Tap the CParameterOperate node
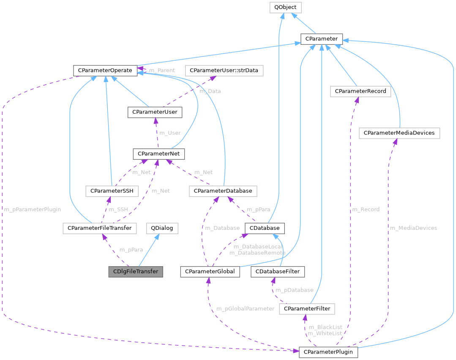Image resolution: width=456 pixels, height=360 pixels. click(105, 70)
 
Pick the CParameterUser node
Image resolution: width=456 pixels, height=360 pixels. click(155, 112)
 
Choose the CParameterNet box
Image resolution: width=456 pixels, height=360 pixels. click(158, 154)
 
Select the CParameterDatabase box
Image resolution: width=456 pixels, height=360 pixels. click(223, 191)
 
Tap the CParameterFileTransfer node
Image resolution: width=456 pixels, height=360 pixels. click(99, 228)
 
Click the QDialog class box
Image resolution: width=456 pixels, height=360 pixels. click(162, 228)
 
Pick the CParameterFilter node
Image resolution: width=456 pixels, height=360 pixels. click(307, 309)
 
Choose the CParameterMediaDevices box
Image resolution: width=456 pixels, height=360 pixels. click(399, 133)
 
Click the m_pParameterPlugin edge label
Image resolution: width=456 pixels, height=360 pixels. click(32, 209)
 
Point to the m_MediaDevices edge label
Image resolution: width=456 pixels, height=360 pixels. click(413, 228)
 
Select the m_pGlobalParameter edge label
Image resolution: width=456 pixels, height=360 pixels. click(245, 308)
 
